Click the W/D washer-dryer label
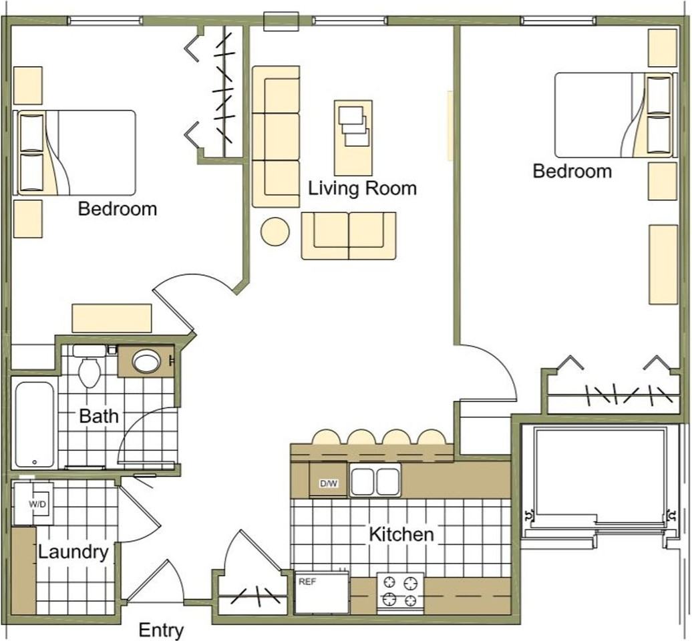pos(37,504)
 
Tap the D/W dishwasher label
pos(329,483)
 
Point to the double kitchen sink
pos(375,481)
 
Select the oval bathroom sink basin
pos(147,362)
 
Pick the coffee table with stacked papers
pos(353,138)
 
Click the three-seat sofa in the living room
pos(276,137)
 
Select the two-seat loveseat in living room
pos(349,236)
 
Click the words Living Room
pos(362,188)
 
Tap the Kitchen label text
pos(401,534)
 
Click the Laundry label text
pos(73,552)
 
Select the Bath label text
pos(99,415)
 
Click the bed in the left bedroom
pos(74,153)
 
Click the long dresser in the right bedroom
pos(663,264)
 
